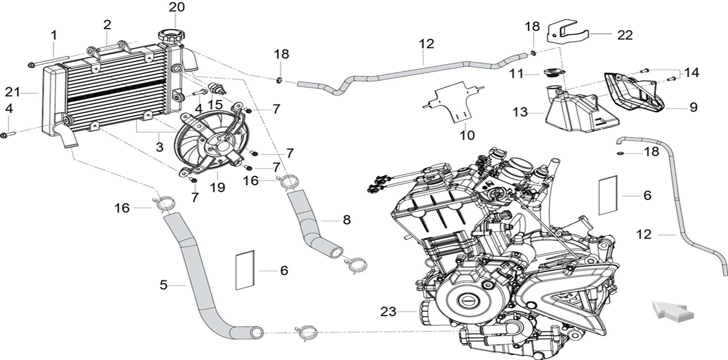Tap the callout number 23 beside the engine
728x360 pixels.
coord(388,312)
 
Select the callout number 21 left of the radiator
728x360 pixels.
coord(12,92)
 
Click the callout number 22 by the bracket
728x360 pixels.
coord(624,35)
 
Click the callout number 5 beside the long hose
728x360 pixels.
coord(164,285)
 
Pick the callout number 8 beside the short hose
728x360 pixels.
coord(347,220)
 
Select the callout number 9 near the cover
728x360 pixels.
coord(693,107)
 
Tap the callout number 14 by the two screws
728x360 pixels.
coord(693,73)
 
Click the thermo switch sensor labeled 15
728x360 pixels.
coord(215,87)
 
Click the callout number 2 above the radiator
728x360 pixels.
coord(107,25)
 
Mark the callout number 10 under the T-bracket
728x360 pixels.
coord(467,135)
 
